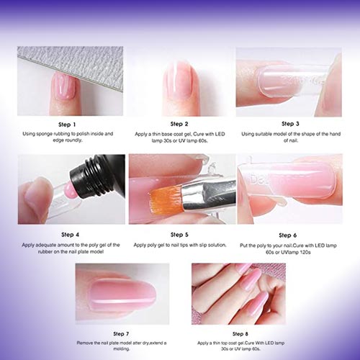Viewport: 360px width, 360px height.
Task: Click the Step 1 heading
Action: point(67,125)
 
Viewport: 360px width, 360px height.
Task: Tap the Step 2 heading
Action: point(179,124)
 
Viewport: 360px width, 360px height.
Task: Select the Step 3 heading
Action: point(290,124)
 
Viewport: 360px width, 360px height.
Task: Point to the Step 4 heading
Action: point(70,235)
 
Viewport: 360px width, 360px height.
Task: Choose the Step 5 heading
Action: point(179,235)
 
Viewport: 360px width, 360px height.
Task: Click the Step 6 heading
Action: point(288,235)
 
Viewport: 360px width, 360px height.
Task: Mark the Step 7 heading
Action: point(121,334)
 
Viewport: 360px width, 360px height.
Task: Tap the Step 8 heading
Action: point(240,334)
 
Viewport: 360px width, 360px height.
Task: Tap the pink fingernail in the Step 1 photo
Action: point(64,86)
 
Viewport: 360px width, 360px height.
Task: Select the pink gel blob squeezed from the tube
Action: point(68,188)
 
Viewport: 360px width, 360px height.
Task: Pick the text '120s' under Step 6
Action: point(305,252)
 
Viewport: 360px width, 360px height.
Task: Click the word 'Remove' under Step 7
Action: point(84,343)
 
